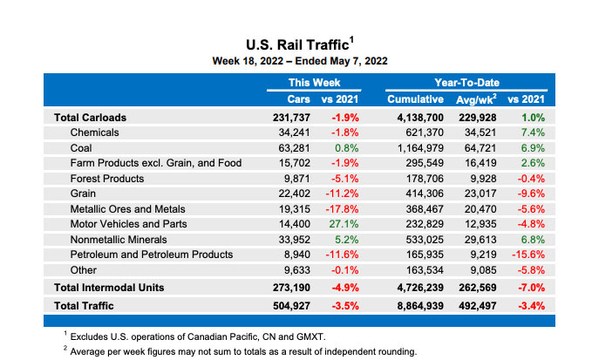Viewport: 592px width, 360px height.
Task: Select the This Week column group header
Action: coord(314,82)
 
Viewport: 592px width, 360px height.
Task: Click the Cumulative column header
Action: coord(416,99)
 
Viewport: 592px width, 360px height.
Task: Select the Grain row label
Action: coord(84,194)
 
